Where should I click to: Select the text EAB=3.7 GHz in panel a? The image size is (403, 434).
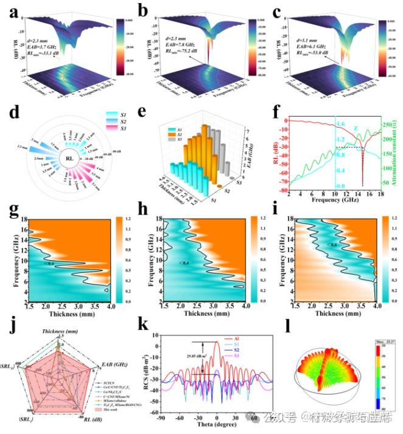coord(44,46)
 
